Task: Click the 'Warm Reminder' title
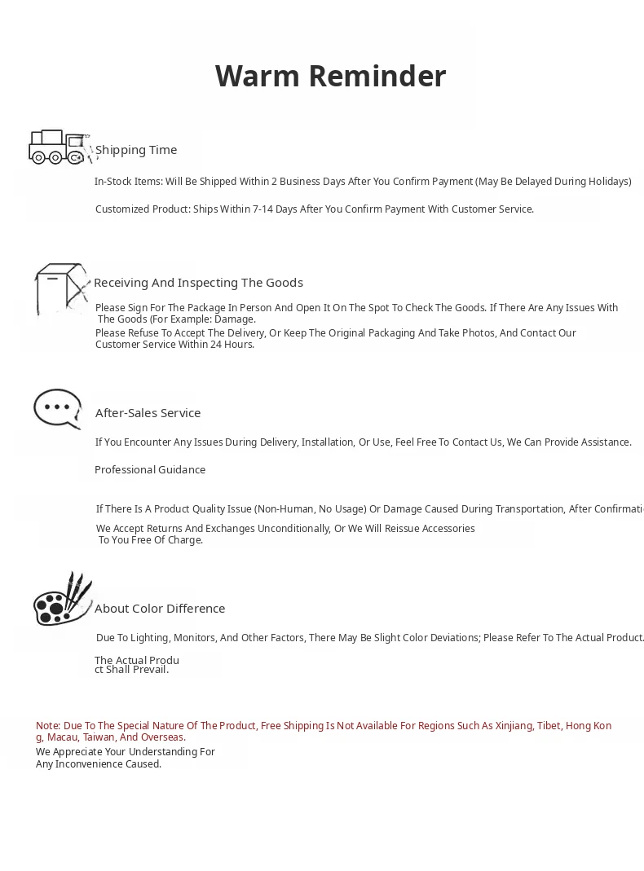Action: (330, 76)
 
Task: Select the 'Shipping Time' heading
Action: (136, 150)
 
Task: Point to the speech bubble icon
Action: (58, 407)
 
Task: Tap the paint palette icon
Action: (62, 600)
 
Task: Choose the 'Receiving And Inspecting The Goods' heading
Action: (198, 283)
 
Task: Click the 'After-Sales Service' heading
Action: (148, 413)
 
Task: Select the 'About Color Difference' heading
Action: (160, 609)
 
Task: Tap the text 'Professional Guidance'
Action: (150, 470)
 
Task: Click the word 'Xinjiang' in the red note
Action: (513, 726)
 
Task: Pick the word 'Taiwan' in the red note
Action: (99, 737)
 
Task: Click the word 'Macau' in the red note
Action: (62, 737)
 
